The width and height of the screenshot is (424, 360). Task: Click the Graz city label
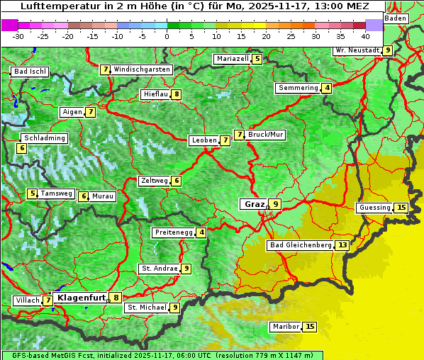pos(254,204)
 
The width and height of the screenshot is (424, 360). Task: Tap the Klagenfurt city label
pos(80,298)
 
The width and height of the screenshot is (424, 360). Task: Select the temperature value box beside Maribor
pos(310,327)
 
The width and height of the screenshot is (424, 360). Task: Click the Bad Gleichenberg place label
pos(301,245)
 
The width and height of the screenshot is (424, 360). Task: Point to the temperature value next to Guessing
pos(401,208)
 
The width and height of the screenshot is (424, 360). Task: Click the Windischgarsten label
pos(142,69)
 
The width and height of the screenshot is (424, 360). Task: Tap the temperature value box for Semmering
pos(326,88)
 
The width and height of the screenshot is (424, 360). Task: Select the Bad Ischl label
pos(30,72)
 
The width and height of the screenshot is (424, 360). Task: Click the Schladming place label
pos(44,138)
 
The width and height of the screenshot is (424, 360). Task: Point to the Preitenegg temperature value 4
pos(201,232)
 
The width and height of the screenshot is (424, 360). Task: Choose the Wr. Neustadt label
pos(357,50)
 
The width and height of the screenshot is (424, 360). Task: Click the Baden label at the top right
pos(396,18)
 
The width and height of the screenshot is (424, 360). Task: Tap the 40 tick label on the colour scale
pos(365,36)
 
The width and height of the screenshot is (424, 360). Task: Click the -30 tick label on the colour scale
pos(18,36)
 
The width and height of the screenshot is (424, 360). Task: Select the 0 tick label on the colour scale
pos(167,36)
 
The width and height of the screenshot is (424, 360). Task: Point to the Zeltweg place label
pos(154,181)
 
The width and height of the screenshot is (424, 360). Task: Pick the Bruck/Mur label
pos(266,135)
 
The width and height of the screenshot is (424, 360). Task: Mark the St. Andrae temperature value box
pos(186,269)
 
